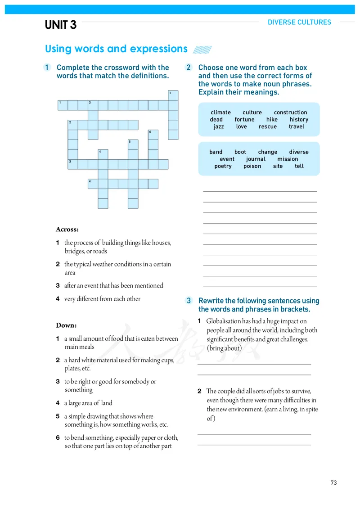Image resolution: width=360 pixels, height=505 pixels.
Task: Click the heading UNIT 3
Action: click(x=61, y=25)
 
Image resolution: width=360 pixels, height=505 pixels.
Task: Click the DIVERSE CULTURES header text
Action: click(x=299, y=22)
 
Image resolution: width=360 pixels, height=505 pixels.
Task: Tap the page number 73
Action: click(x=333, y=482)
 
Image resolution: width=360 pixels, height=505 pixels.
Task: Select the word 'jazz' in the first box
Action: click(x=219, y=126)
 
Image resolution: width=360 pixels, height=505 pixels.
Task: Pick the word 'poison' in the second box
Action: click(x=252, y=166)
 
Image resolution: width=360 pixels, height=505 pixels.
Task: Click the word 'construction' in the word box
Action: click(x=290, y=113)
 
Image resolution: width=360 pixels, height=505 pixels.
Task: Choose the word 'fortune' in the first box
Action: click(x=244, y=120)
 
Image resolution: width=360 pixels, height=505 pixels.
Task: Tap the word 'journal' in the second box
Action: click(x=256, y=159)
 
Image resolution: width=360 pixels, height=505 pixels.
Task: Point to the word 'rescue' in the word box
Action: click(x=268, y=126)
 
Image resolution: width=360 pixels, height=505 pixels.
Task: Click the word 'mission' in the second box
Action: click(x=288, y=159)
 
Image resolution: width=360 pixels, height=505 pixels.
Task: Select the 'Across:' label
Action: click(x=67, y=230)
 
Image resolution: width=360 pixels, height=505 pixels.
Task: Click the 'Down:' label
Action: click(x=66, y=325)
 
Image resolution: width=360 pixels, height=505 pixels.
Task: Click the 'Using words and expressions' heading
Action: click(x=116, y=49)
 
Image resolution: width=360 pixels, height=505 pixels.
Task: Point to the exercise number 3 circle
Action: click(x=189, y=301)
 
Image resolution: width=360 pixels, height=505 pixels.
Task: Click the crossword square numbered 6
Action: click(x=153, y=135)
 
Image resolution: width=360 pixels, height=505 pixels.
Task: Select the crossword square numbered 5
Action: click(x=133, y=144)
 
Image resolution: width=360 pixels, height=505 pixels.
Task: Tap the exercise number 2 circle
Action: click(x=189, y=68)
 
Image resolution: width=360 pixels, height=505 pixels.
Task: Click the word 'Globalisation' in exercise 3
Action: click(x=224, y=321)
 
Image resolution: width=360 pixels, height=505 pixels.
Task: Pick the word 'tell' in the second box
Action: click(x=299, y=166)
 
